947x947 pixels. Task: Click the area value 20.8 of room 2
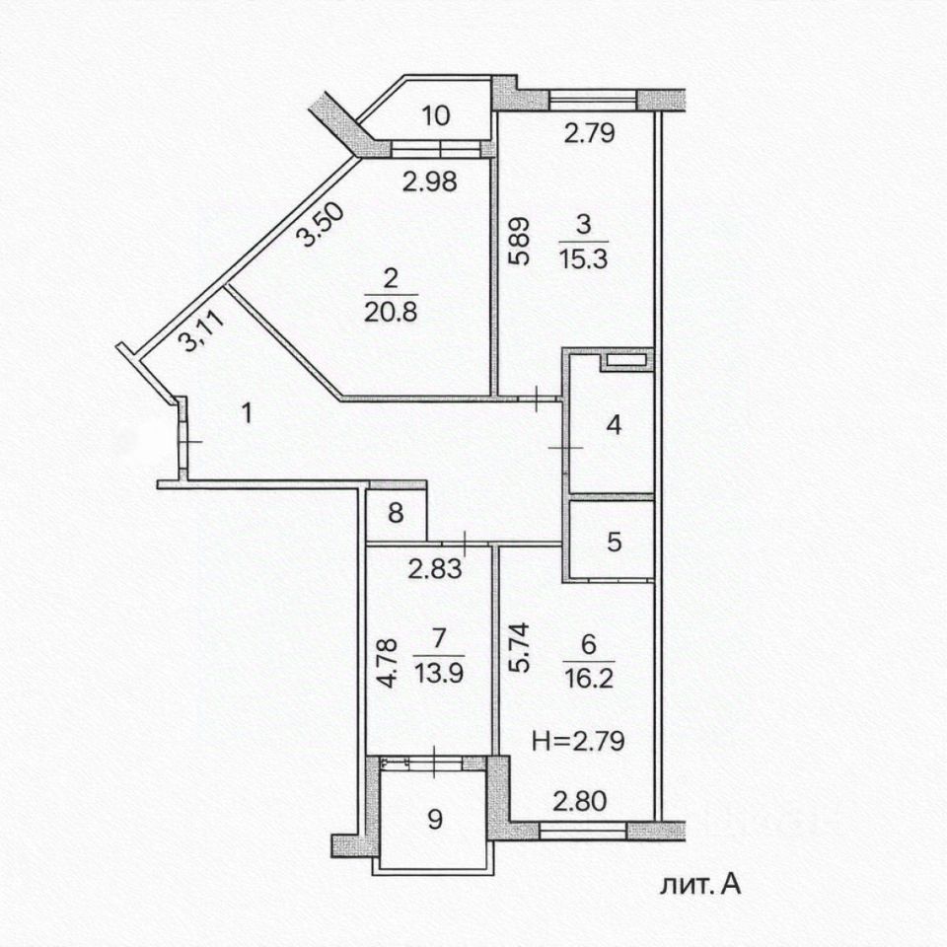coord(391,313)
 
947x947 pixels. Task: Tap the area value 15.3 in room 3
coord(583,259)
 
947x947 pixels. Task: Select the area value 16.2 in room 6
coord(589,679)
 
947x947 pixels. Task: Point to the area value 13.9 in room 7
coord(439,673)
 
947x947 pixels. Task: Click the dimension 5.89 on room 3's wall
coord(519,241)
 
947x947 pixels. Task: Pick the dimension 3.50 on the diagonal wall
coord(322,225)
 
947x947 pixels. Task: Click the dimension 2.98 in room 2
coord(430,182)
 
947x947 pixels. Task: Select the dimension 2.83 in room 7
coord(435,568)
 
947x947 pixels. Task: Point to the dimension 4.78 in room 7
coord(387,663)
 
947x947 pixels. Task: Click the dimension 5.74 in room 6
coord(519,647)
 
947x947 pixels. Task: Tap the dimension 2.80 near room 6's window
coord(580,801)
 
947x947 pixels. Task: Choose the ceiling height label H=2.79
coord(578,741)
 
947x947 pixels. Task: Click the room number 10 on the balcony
coord(435,114)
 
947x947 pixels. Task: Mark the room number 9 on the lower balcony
coord(435,820)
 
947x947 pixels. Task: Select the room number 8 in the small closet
coord(396,513)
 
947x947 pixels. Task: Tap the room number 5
coord(614,542)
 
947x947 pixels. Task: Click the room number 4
coord(614,425)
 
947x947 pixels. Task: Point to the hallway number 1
coord(247,414)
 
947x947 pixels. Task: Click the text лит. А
coord(700,885)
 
